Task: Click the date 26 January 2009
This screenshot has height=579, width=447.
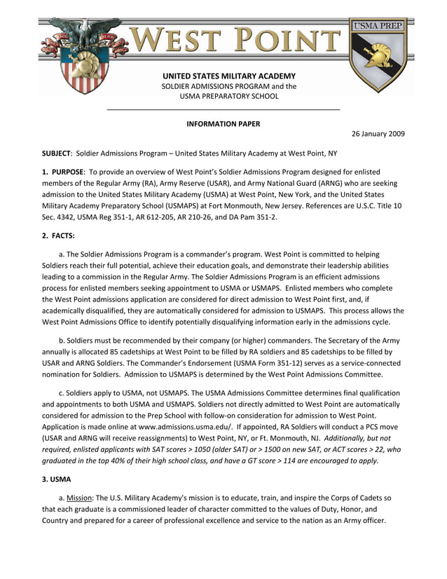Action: [x=378, y=134]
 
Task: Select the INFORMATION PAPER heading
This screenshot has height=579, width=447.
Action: [x=223, y=124]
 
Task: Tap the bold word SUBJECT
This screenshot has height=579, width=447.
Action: [x=57, y=153]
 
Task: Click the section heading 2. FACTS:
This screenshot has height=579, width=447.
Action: [x=58, y=236]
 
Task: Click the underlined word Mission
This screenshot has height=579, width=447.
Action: [x=78, y=498]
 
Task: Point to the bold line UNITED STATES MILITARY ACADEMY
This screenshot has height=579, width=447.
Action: [x=228, y=76]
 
